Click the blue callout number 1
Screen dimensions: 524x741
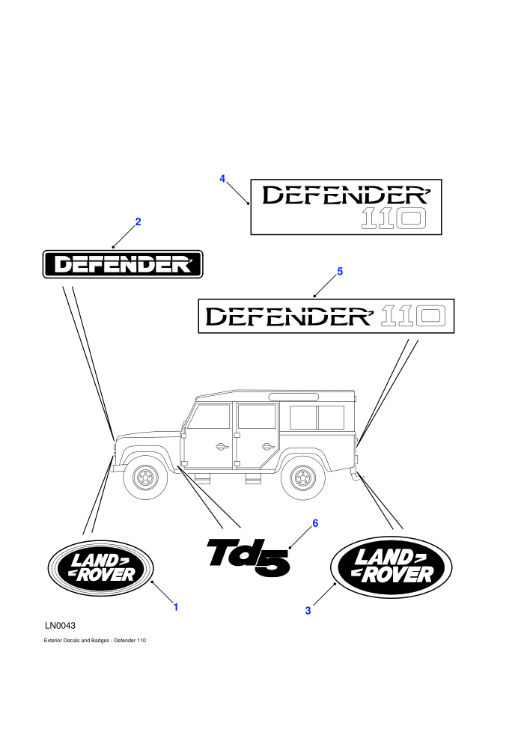(x=176, y=607)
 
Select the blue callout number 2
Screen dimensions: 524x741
(x=138, y=222)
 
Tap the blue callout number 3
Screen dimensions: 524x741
(x=308, y=611)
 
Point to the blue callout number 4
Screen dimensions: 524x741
(x=222, y=179)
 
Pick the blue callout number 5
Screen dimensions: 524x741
(x=340, y=271)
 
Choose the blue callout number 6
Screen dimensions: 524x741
(x=315, y=523)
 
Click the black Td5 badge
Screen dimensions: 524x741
(x=249, y=558)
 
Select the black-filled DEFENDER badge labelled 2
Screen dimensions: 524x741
(x=123, y=264)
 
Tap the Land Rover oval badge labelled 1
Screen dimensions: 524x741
(x=100, y=568)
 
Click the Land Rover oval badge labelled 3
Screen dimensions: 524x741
(x=392, y=567)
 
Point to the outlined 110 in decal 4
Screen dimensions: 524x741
(x=394, y=219)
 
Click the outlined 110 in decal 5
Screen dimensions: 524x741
(x=413, y=316)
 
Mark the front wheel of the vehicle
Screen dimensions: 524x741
(x=145, y=478)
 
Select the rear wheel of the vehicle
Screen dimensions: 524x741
(x=303, y=478)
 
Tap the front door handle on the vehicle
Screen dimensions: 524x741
(x=221, y=447)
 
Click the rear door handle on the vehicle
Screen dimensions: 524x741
(x=267, y=447)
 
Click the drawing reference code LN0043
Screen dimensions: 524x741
(x=60, y=626)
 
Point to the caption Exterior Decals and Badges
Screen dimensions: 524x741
(x=76, y=641)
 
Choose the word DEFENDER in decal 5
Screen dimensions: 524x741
(x=290, y=316)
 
